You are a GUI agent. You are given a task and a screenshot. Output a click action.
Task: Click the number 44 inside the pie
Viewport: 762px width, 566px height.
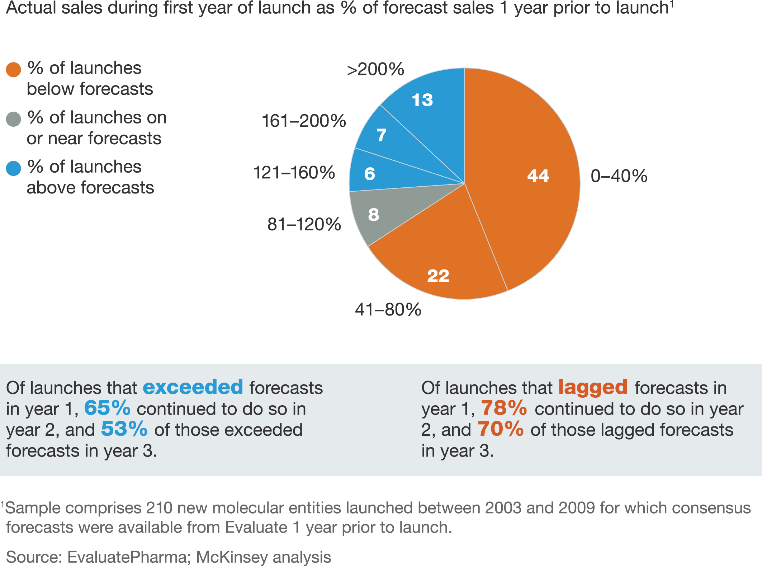[x=538, y=176]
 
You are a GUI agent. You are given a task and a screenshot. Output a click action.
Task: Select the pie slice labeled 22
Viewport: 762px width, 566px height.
[x=438, y=266]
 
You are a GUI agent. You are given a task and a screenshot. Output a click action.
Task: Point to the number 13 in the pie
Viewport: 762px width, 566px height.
[x=422, y=100]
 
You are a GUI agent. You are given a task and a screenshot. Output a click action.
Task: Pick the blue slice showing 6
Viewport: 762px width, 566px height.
[x=370, y=174]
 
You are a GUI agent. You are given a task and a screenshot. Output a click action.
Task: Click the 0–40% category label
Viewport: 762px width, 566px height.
[x=619, y=176]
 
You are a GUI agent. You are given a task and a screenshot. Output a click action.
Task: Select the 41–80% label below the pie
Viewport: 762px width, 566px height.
[x=388, y=309]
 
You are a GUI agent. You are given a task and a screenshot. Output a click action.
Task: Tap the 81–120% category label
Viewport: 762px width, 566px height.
[x=304, y=224]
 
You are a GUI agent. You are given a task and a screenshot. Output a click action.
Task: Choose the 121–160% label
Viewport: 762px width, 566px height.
[x=294, y=173]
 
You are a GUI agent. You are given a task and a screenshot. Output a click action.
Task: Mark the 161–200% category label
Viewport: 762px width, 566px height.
[x=304, y=121]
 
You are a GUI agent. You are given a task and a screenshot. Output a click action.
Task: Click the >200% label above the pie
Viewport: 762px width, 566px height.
[x=375, y=69]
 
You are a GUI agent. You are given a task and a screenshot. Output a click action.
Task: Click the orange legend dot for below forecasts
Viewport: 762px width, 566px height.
[x=14, y=70]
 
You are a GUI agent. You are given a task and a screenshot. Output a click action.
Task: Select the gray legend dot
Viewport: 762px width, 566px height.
[x=14, y=119]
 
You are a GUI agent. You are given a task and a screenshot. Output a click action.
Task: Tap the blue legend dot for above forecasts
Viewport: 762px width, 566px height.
[x=14, y=168]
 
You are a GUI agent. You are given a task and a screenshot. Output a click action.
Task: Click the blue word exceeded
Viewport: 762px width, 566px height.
[x=193, y=387]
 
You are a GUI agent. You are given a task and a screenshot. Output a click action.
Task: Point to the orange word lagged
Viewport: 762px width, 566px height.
[x=593, y=388]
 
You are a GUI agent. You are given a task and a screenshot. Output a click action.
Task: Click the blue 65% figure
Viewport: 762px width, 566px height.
[x=107, y=408]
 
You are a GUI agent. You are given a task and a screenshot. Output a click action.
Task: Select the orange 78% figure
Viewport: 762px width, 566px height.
[x=504, y=408]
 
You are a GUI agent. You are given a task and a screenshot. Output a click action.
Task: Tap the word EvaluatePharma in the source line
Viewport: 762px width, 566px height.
[x=127, y=557]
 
